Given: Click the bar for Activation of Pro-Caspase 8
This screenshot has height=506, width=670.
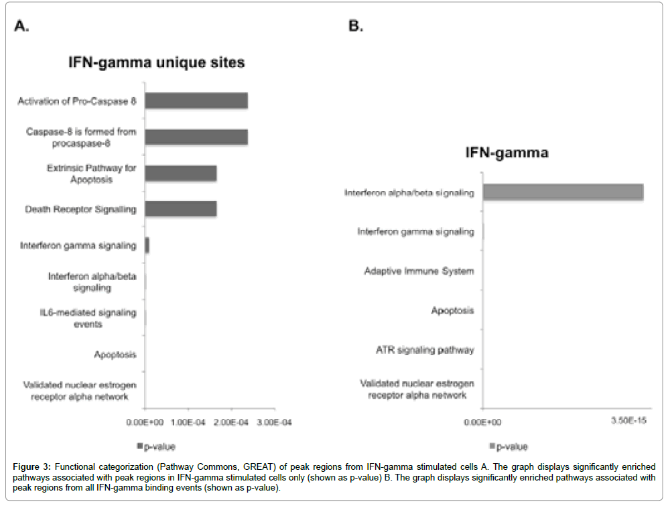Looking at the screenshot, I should [x=196, y=101].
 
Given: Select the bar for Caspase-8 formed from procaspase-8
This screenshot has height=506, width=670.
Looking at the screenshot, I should [x=196, y=137].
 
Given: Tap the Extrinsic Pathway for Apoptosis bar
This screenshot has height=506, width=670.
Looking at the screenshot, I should [x=181, y=173].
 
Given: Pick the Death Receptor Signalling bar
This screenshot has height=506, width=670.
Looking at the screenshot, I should [x=181, y=208].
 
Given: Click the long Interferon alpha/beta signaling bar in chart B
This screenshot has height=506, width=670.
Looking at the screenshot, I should [x=563, y=192].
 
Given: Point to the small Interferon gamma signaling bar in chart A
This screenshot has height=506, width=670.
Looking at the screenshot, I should [x=147, y=245].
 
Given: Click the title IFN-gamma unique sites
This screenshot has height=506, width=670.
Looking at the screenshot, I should [x=157, y=62].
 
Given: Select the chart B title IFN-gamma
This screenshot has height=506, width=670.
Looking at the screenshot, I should [x=507, y=153].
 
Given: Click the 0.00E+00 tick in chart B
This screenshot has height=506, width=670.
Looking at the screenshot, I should [x=483, y=423].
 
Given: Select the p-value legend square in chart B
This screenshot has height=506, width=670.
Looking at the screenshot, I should [x=492, y=446].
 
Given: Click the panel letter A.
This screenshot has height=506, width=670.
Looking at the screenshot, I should [x=23, y=26].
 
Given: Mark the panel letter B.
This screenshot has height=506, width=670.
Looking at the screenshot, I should [x=356, y=26].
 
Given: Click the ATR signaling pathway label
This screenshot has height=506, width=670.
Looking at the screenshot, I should [x=425, y=350].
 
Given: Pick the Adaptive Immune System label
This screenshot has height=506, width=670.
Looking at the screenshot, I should [x=419, y=271].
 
